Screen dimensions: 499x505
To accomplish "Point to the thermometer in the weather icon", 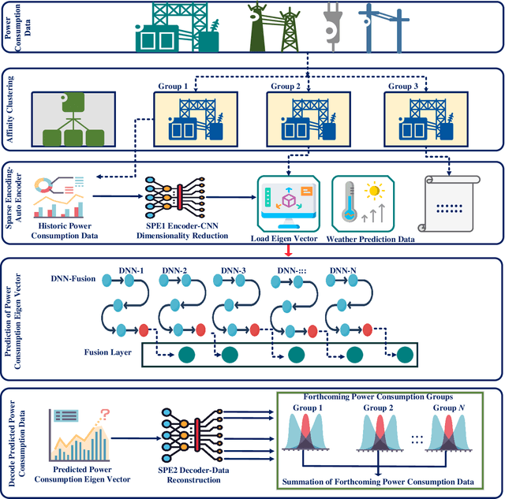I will tap(346, 204).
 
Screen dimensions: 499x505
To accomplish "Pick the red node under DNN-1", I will tap(144, 328).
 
